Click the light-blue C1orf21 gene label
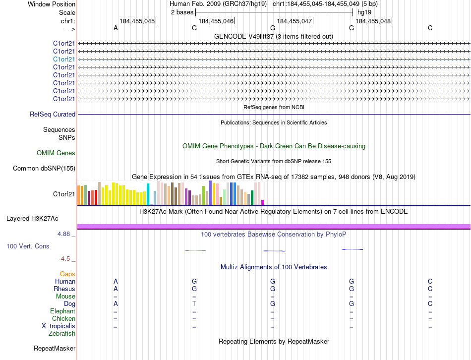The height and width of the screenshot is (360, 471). coord(64,59)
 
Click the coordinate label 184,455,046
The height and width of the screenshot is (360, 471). coord(216,21)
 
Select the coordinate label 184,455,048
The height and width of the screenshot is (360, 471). coord(373,21)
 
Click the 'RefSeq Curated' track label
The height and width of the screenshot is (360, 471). coord(53,115)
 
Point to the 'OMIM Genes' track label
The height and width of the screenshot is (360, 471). coord(56,153)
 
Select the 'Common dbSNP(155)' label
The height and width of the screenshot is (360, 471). coord(44,169)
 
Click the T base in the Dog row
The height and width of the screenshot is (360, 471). coord(194,303)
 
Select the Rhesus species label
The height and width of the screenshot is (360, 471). coord(64,289)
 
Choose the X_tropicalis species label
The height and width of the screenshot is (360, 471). coord(59,326)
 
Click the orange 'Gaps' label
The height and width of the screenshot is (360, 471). coord(67,274)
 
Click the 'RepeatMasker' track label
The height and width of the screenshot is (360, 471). coord(55,349)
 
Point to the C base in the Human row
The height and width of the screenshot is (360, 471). coord(430,282)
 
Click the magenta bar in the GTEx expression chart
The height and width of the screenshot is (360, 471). coord(262,202)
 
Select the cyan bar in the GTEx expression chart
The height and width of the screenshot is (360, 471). coord(148,194)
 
